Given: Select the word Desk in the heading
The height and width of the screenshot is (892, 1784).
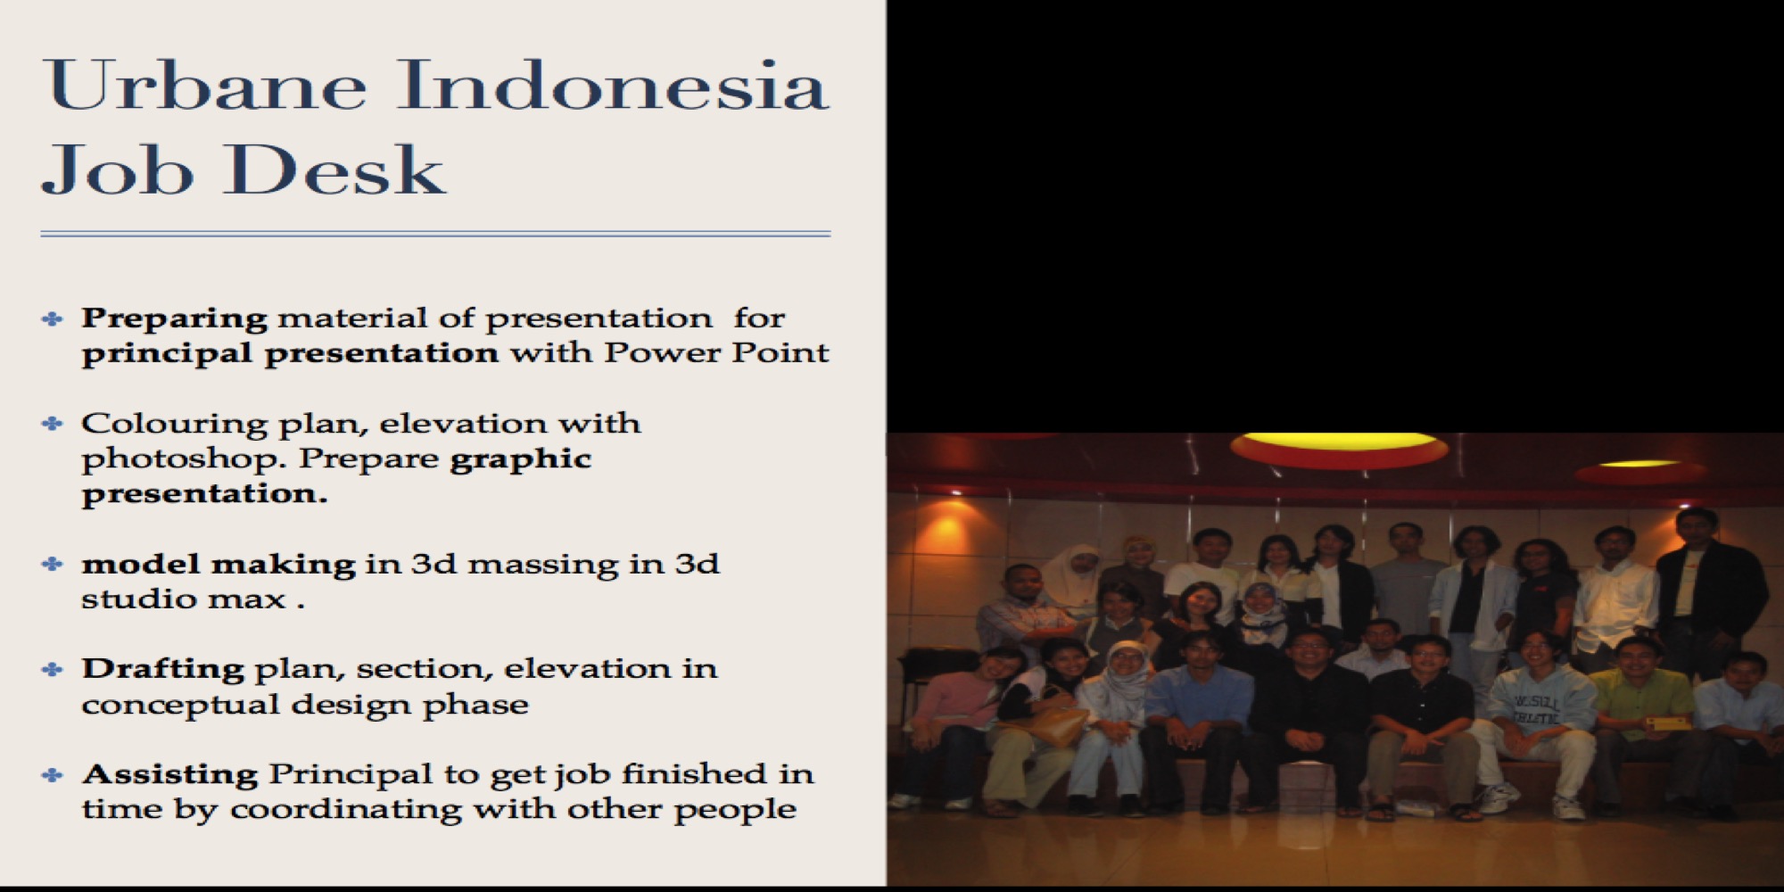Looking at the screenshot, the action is tap(334, 169).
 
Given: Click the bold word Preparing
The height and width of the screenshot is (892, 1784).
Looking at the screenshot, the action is tap(174, 319).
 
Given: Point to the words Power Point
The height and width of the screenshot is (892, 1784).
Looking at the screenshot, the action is tap(716, 352).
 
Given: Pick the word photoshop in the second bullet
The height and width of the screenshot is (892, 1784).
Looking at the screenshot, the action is tap(184, 459).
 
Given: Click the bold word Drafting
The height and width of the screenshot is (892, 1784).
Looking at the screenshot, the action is tap(162, 668).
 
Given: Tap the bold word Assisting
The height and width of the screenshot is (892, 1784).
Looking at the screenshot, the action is tap(169, 774).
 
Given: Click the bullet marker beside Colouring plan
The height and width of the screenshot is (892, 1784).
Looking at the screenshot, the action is tap(53, 423).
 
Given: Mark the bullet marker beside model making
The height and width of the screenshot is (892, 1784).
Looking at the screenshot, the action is tap(53, 564).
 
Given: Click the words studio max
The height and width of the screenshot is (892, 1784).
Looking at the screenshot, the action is tap(184, 599).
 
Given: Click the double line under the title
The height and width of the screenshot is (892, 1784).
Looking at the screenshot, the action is tap(435, 234).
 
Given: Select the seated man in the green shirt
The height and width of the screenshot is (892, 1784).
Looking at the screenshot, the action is tap(1637, 723).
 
